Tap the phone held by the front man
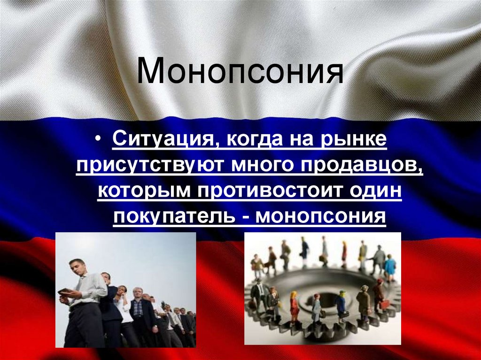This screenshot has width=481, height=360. click(65, 291)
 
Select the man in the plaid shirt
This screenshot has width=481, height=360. click(137, 310)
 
